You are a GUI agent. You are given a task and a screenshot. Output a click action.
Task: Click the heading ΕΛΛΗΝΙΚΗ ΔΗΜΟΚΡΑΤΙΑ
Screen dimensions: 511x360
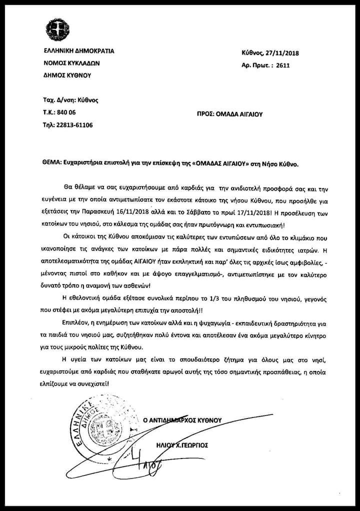tap(79, 51)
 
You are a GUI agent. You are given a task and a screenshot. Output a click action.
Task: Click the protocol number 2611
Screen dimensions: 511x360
tap(281, 65)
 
